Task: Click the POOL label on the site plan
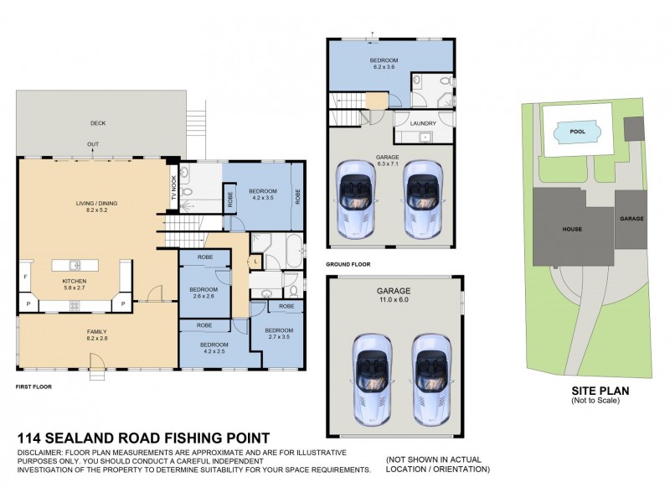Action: (577, 132)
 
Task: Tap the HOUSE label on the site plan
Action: (573, 229)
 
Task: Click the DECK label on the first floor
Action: (98, 123)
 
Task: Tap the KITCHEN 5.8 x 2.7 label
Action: (75, 284)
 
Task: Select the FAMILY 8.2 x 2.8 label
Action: (98, 334)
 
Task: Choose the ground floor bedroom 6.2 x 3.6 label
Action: (384, 64)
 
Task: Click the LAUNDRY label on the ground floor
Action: (422, 123)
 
